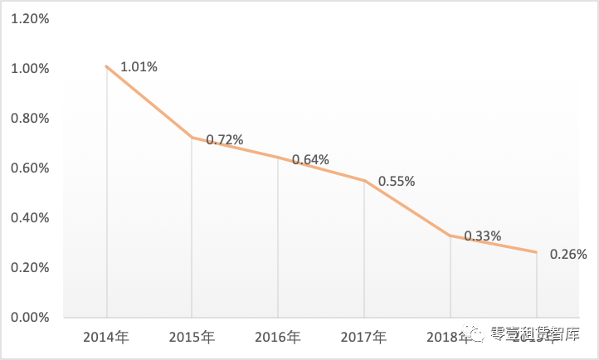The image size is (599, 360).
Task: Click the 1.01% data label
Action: pyautogui.click(x=139, y=66)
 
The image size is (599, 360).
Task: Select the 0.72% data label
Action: pyautogui.click(x=224, y=140)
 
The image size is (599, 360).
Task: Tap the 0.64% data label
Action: pyautogui.click(x=310, y=159)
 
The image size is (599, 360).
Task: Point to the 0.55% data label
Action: pyautogui.click(x=397, y=181)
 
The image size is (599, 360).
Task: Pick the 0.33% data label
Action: pyautogui.click(x=482, y=236)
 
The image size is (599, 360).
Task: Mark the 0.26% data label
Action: pyautogui.click(x=568, y=255)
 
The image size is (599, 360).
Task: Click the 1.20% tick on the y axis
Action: pyautogui.click(x=29, y=19)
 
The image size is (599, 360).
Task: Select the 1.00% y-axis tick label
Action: pyautogui.click(x=29, y=69)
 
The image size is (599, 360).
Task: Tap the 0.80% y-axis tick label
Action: pyautogui.click(x=29, y=119)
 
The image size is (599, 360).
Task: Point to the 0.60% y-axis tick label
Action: pyautogui.click(x=29, y=168)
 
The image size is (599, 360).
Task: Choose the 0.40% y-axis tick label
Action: pyautogui.click(x=29, y=218)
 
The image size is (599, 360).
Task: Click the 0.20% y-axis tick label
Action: pyautogui.click(x=29, y=268)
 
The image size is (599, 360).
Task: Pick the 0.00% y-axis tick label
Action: pyautogui.click(x=29, y=318)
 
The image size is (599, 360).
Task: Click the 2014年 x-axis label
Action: pyautogui.click(x=105, y=338)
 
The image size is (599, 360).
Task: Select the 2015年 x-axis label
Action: pyautogui.click(x=192, y=338)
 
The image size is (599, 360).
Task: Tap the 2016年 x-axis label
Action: pyautogui.click(x=278, y=338)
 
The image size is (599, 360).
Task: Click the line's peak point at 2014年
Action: pyautogui.click(x=106, y=66)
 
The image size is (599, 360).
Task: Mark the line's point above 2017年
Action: pyautogui.click(x=364, y=180)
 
